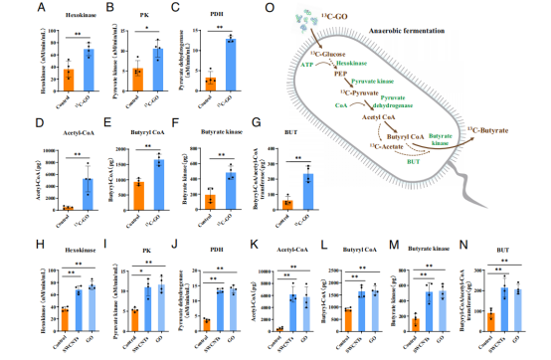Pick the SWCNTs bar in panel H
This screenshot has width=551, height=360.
click(50, 307)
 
